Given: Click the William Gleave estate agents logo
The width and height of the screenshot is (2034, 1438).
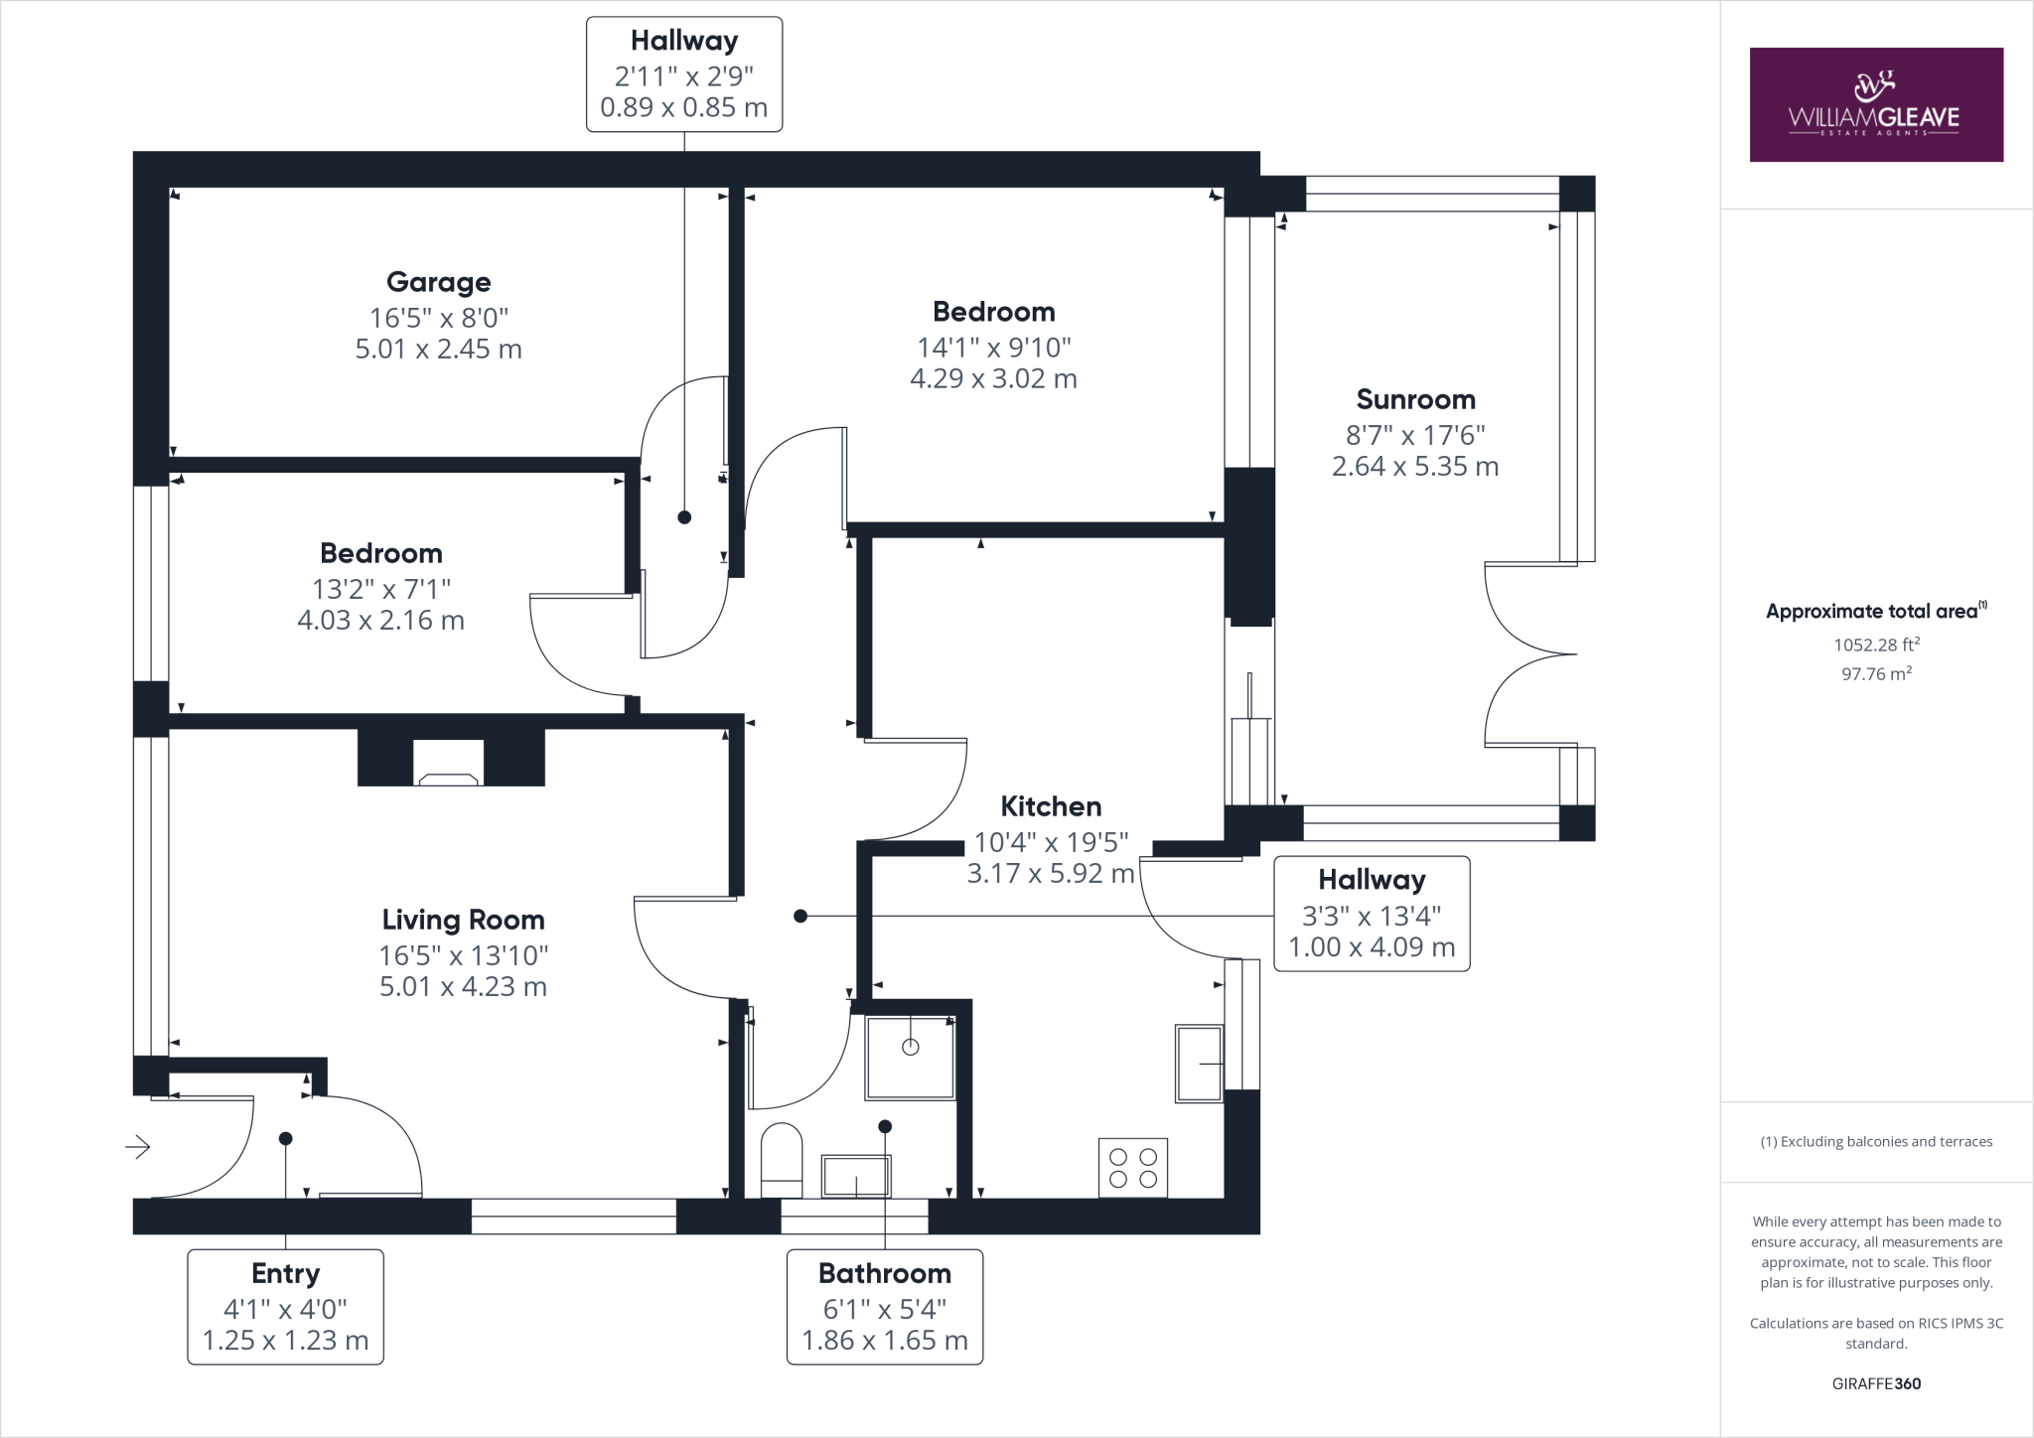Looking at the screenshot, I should coord(1875,104).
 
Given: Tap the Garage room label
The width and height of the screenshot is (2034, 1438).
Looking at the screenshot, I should coord(438,283).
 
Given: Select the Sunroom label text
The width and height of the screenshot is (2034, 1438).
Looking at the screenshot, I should coord(1415,400).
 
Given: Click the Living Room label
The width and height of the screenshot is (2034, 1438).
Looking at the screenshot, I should coord(463,921).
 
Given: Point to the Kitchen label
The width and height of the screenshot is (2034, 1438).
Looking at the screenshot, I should coord(1051,806).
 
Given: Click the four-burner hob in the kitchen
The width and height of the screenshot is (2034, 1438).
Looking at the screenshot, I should coord(1133,1168).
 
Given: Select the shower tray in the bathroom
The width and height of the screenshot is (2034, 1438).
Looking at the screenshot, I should coord(910,1057).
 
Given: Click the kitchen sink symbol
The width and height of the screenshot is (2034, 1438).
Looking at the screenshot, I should coord(1199,1064).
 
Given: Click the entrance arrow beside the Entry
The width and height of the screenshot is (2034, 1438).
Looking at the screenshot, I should coord(137,1147).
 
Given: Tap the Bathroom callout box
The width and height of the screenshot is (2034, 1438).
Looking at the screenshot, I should coord(884,1306).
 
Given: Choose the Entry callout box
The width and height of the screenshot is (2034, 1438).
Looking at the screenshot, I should coord(285,1306).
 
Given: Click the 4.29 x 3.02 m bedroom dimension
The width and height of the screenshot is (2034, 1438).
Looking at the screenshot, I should coord(993,378).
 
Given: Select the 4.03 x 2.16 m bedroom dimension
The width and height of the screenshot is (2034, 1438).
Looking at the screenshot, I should coord(380,621).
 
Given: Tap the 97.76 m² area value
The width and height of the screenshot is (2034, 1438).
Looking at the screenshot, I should coord(1876,673).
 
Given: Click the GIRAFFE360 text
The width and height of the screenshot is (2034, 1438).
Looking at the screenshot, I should coord(1876,1383).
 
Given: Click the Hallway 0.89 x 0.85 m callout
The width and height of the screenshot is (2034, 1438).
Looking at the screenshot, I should coord(683,74).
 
